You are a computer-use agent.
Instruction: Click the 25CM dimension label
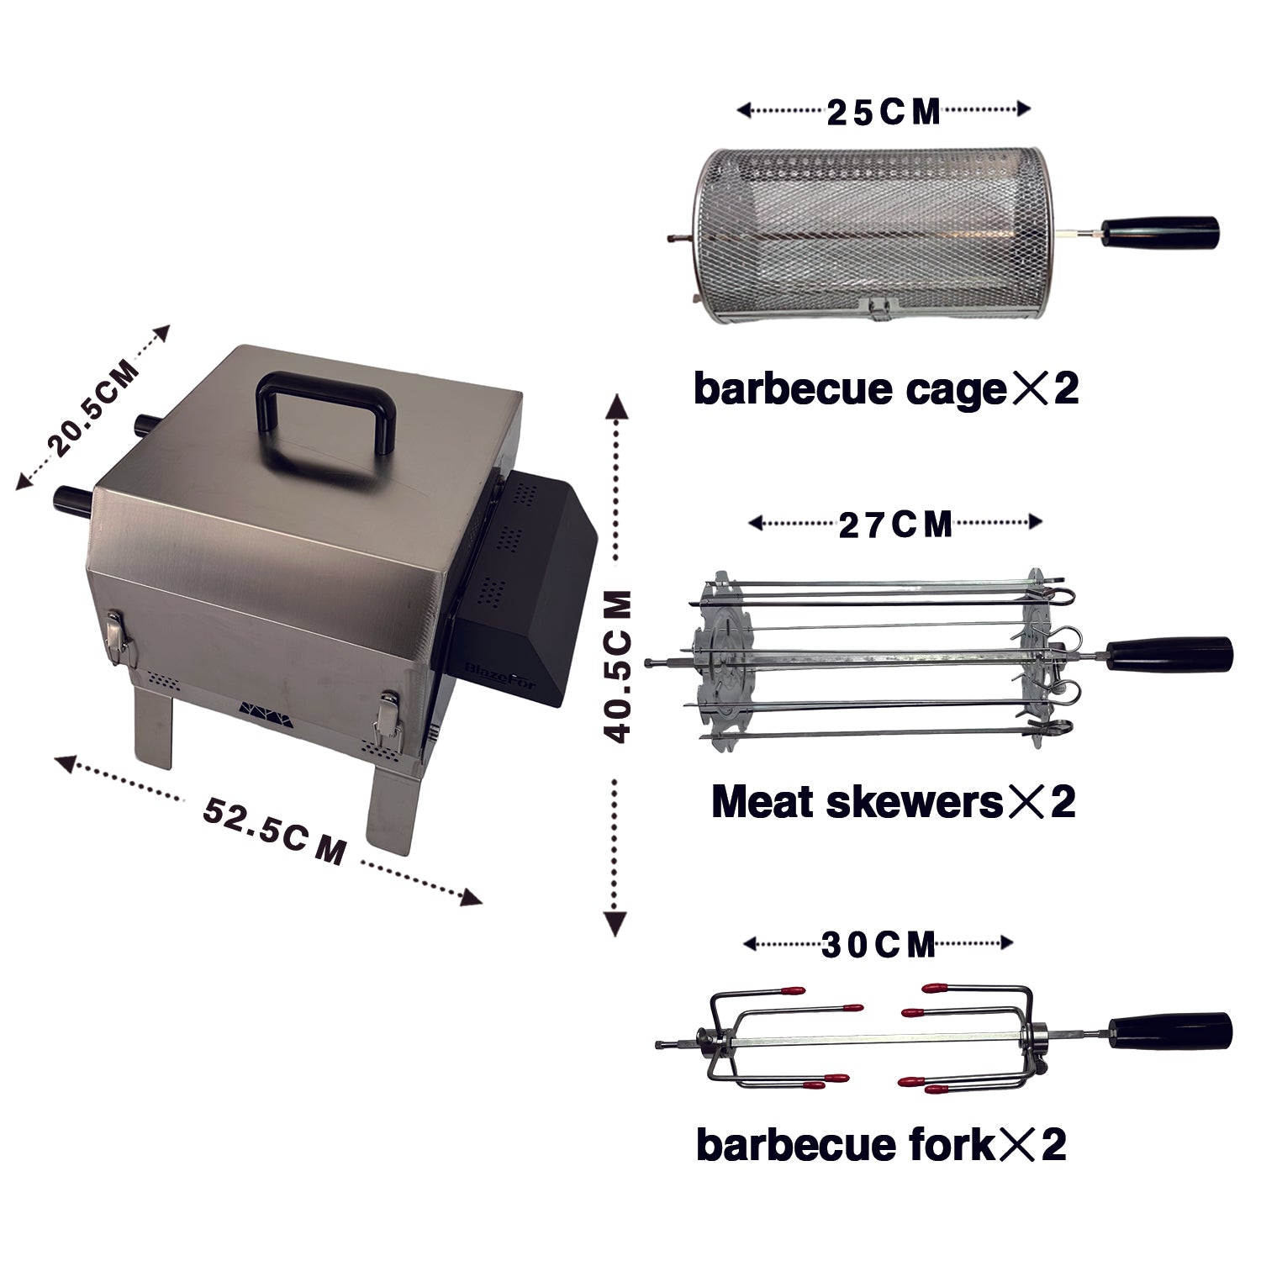coord(883,113)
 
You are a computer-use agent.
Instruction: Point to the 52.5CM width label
coord(273,831)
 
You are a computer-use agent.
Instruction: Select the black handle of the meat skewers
coord(1169,653)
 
